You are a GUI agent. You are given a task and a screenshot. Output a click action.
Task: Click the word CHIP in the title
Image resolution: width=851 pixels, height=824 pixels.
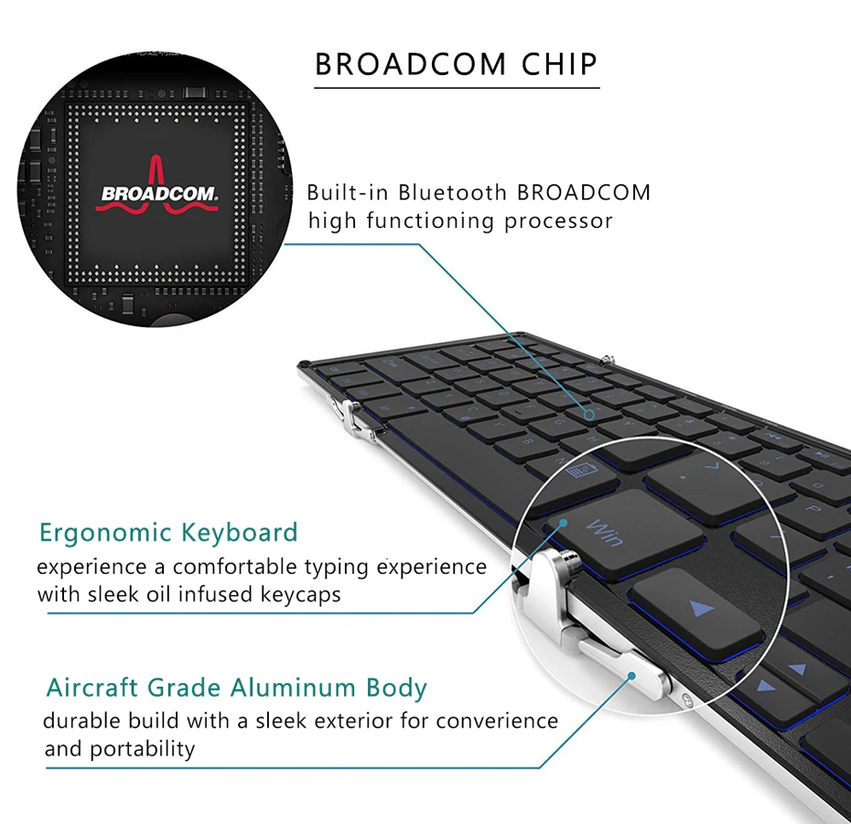click(559, 64)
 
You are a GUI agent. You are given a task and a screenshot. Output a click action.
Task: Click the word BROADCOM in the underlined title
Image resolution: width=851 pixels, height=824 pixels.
click(410, 64)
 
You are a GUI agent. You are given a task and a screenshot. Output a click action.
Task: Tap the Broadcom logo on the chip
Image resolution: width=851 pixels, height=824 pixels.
click(157, 186)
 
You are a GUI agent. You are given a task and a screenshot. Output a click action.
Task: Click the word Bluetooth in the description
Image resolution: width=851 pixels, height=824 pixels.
click(453, 193)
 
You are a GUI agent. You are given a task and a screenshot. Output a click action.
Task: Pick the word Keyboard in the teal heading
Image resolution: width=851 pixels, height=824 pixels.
click(240, 533)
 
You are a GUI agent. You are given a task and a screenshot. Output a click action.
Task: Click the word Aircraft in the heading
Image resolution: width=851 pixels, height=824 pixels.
click(92, 687)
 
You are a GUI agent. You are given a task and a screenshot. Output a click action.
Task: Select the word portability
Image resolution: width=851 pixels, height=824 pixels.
click(142, 750)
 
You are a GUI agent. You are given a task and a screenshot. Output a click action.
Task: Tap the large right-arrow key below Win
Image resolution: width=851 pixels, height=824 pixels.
click(695, 611)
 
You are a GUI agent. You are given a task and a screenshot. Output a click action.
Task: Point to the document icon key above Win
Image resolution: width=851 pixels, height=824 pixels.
click(581, 470)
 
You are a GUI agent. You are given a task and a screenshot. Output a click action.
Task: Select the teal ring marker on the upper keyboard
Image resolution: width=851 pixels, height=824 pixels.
click(589, 415)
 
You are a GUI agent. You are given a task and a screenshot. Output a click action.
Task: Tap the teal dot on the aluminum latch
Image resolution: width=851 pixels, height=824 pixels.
click(631, 676)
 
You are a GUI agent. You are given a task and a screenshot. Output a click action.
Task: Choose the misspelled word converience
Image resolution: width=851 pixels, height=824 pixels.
click(497, 721)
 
